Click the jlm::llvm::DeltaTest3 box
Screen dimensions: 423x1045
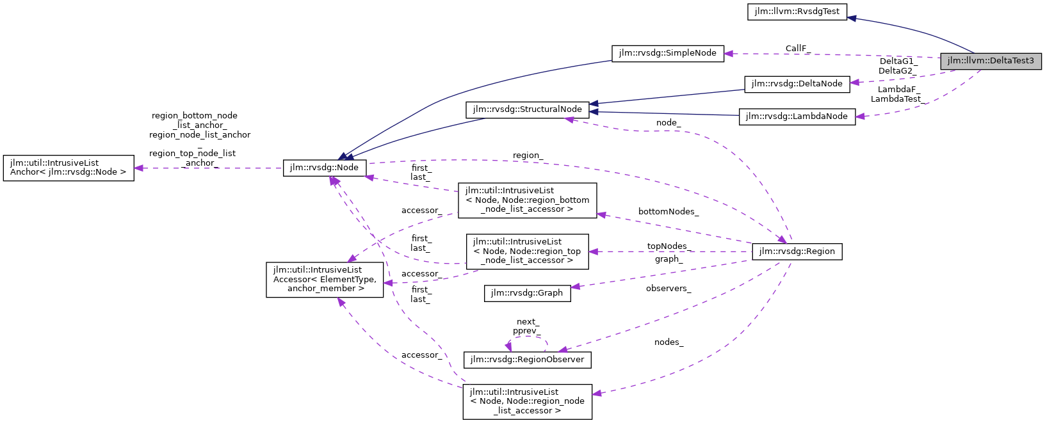coord(991,61)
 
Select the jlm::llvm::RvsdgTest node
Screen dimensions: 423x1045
coord(797,12)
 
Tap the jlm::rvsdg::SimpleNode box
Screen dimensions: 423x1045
coord(668,53)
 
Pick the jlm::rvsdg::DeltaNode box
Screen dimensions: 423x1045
coord(797,84)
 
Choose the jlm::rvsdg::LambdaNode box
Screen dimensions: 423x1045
coord(797,116)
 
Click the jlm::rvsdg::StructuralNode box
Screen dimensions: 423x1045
coord(527,109)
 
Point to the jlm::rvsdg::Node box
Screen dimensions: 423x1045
coord(325,168)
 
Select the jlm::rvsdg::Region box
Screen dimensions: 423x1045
coord(797,251)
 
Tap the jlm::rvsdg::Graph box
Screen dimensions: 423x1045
coord(526,293)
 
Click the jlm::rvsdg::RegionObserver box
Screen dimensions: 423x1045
coord(527,360)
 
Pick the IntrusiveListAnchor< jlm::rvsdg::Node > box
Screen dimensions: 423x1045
coord(69,168)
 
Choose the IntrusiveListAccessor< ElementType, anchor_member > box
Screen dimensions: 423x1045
coord(325,279)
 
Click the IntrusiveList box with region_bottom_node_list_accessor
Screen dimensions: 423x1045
coord(527,200)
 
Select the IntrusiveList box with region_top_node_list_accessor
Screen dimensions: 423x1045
coord(527,251)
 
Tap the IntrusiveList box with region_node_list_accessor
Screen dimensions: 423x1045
coord(527,401)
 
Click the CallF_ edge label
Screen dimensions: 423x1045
coord(798,48)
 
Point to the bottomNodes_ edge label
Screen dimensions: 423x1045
coord(668,211)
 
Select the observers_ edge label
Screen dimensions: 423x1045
coord(668,289)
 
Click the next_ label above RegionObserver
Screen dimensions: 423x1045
coord(527,322)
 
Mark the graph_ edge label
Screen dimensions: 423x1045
coord(668,259)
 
